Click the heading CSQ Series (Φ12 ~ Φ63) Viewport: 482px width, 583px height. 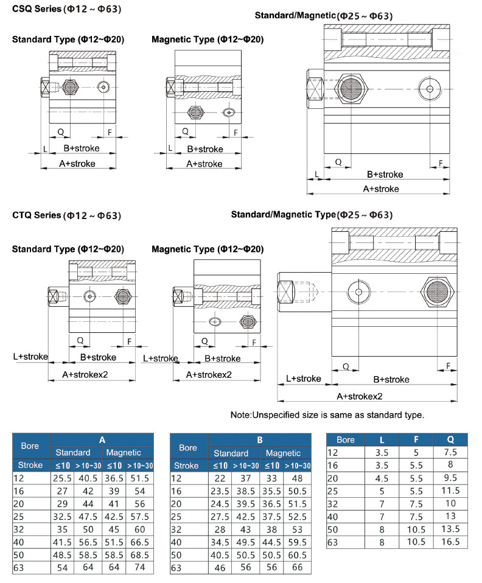(67, 10)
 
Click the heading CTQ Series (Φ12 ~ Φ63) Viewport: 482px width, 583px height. (67, 215)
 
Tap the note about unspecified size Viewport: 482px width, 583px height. (327, 415)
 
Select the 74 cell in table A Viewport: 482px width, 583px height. (140, 568)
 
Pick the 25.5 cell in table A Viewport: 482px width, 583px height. (63, 479)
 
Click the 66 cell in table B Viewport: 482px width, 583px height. (298, 568)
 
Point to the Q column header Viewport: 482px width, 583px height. (452, 439)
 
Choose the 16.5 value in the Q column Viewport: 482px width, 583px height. (452, 542)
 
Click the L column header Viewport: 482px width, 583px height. (382, 439)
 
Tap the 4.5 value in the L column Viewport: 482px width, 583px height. (382, 478)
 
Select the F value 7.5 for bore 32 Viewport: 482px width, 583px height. (416, 503)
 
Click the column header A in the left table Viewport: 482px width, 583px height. (102, 439)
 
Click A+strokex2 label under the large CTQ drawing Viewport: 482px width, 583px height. (360, 396)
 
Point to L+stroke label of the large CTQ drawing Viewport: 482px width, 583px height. (303, 379)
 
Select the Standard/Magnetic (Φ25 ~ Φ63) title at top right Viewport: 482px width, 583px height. (323, 15)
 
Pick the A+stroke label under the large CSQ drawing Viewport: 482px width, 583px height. (381, 189)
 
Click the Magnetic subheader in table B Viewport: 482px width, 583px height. (283, 453)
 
